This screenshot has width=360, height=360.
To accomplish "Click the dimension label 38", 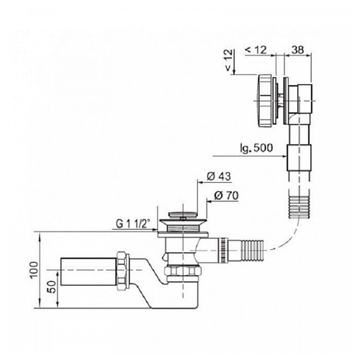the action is click(x=298, y=50).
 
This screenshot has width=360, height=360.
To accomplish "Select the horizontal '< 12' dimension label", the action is click(x=256, y=50).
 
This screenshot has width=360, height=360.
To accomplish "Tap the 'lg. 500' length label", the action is click(x=256, y=148).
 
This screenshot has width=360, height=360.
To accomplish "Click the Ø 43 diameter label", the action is click(x=219, y=176).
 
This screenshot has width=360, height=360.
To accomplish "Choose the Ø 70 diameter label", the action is click(x=226, y=196).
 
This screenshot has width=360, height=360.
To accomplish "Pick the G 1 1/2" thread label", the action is click(x=133, y=224).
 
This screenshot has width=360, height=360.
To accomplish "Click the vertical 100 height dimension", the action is click(x=35, y=269).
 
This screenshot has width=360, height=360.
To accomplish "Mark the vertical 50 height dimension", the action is click(x=52, y=287).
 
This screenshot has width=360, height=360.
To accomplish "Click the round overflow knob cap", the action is click(x=265, y=100).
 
